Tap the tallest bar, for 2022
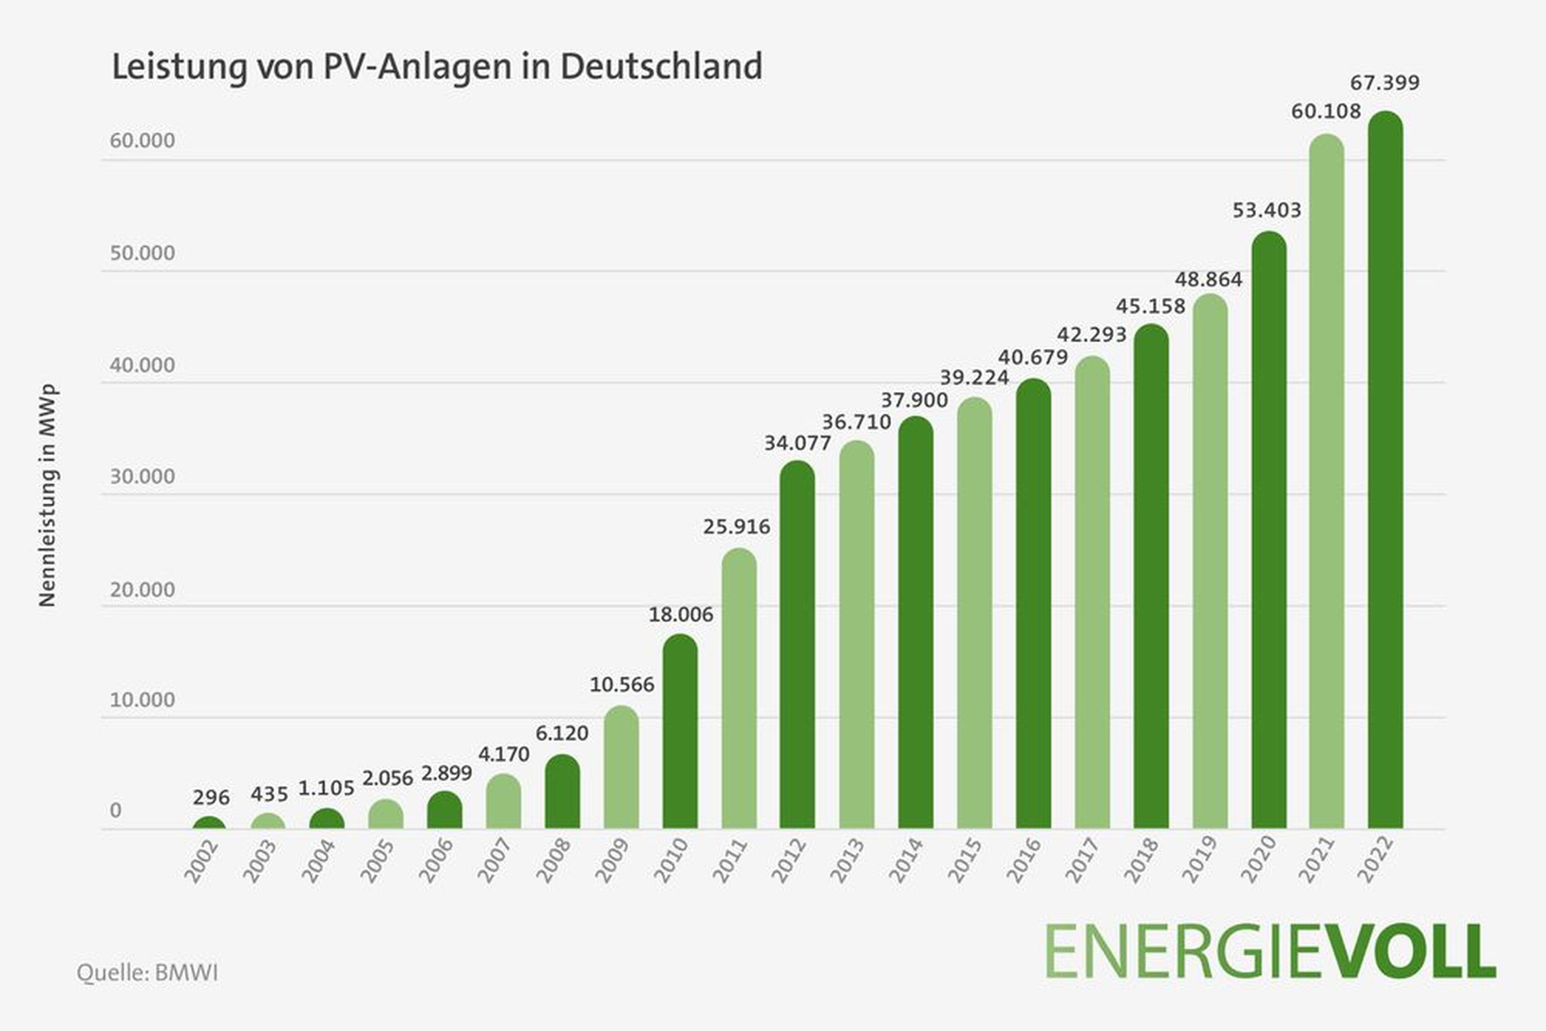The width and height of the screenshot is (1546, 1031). (x=1385, y=470)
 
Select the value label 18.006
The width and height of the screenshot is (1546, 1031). (x=681, y=615)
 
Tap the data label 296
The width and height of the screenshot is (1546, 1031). (x=211, y=798)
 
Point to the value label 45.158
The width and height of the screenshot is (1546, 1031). (x=1150, y=306)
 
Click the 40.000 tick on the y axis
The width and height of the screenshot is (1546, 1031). (x=142, y=366)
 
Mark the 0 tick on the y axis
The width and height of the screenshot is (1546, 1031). (x=116, y=810)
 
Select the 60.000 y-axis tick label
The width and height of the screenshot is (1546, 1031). (x=142, y=141)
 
